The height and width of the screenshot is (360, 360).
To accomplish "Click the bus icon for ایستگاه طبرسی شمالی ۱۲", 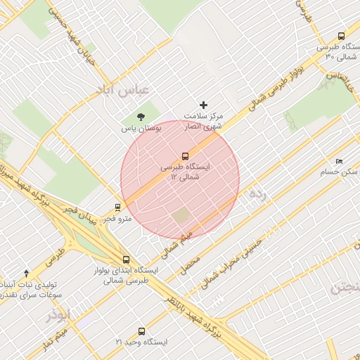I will pos(185,156).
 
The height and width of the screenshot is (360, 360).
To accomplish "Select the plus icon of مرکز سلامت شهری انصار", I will pos(205,104).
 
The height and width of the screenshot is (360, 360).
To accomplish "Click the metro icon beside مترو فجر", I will pos(117,207).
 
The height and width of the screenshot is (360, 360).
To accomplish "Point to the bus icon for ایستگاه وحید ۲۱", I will pos(142,330).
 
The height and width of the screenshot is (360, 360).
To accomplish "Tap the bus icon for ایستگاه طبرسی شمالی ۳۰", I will pos(341,36).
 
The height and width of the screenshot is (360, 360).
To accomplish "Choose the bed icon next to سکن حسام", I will pos(340,161).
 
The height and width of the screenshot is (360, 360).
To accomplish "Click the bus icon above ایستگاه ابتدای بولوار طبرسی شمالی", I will pos(126,259).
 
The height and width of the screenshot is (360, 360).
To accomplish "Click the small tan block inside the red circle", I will pos(182,215).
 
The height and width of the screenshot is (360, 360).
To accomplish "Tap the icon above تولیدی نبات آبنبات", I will pos(27,272).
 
